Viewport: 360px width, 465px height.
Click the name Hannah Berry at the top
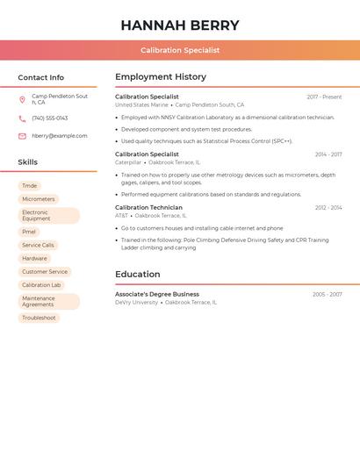tap(180, 25)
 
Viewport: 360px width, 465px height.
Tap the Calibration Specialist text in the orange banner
tap(180, 51)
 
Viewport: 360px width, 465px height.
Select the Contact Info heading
tap(40, 77)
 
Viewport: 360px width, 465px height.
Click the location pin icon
tap(22, 99)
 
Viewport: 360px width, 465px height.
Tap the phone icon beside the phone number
tap(22, 118)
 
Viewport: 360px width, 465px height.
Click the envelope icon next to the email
tap(22, 136)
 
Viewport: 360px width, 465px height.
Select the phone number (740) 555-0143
tap(49, 118)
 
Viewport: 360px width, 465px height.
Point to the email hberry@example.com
tap(60, 136)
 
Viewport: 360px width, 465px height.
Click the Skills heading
tap(27, 162)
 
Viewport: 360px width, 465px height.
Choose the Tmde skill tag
tap(30, 186)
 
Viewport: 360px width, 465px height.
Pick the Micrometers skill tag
tap(39, 199)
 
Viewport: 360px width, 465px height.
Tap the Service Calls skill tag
tap(38, 246)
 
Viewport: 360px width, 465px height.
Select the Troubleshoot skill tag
tap(39, 318)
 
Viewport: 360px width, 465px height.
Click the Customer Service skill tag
tap(45, 272)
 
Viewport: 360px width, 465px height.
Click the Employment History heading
tap(161, 77)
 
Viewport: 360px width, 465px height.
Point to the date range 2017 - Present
tap(324, 97)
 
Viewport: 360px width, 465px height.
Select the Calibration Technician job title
tap(148, 208)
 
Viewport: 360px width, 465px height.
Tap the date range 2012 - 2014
tap(328, 208)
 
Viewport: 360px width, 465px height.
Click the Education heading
tap(137, 275)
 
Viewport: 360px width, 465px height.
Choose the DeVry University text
tap(136, 303)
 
